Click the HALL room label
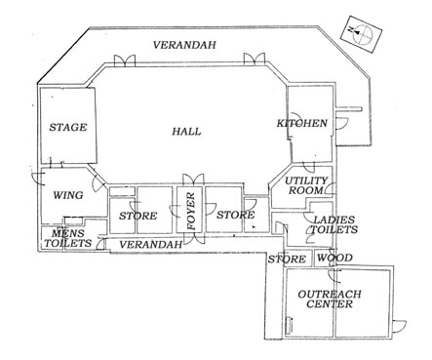[186, 132]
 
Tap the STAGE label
[68, 127]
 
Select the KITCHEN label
[302, 123]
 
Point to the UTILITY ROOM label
[306, 185]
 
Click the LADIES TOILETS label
[334, 224]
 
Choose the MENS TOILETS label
[68, 238]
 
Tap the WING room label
[68, 195]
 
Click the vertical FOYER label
[191, 211]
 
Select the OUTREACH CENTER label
[330, 300]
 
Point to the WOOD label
[334, 258]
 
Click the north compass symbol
[361, 34]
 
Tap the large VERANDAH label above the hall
[184, 45]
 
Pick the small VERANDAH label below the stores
[150, 245]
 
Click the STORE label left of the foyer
[138, 216]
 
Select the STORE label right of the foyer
[236, 215]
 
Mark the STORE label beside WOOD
[287, 260]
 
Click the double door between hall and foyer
[193, 180]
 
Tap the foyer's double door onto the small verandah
[194, 238]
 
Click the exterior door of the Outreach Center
[400, 326]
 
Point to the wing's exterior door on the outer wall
[38, 179]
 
